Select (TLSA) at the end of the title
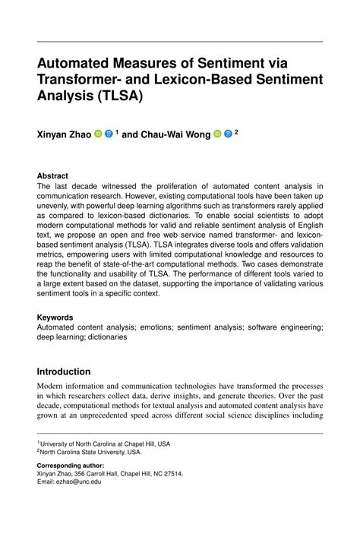tap(118, 96)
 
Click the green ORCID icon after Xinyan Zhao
tap(98, 134)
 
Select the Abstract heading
tap(52, 175)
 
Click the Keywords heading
tap(56, 317)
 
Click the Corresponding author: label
tap(71, 464)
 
